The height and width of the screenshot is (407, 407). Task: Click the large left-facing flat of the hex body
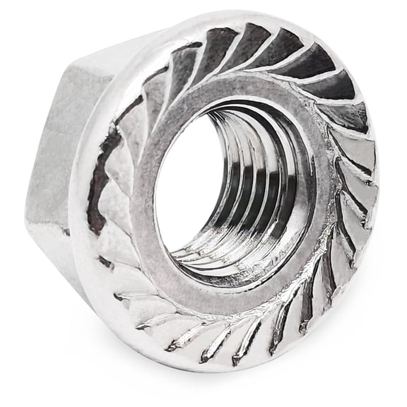click(x=60, y=141)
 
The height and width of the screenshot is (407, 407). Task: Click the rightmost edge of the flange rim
click(x=386, y=184)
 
